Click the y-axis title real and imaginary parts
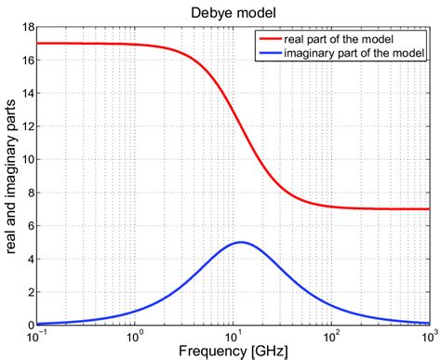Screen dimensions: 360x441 [10, 177]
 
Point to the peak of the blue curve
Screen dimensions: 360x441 [241, 242]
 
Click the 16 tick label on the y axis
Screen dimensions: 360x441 [25, 60]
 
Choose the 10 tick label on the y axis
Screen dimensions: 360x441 [25, 159]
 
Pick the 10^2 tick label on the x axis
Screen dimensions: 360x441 [330, 333]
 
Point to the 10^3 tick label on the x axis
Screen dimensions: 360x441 [426, 333]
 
